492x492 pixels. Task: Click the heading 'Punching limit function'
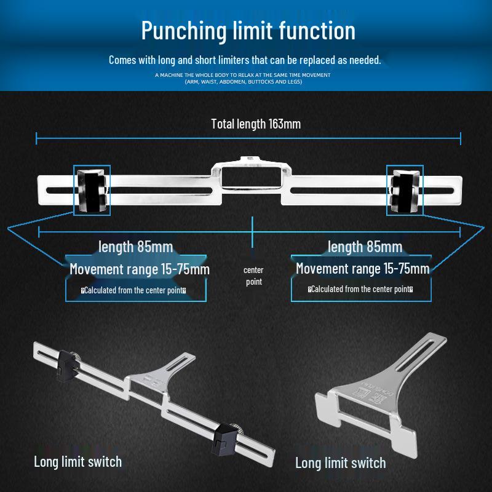coord(248,31)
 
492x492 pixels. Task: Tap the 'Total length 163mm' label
coord(256,124)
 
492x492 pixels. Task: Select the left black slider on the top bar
coord(92,191)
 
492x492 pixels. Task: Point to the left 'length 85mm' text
coord(135,247)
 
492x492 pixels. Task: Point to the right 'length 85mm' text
coord(365,247)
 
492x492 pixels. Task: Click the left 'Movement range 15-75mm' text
coord(140,269)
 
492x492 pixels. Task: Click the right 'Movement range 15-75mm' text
coord(363,269)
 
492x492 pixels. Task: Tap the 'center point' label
coord(253,276)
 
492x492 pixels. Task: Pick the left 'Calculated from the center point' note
coord(133,290)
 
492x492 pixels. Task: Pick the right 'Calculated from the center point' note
coord(360,289)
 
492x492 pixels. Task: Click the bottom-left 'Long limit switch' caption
coord(78,462)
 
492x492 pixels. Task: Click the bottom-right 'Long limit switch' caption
coord(341,463)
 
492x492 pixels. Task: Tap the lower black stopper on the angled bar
coord(224,439)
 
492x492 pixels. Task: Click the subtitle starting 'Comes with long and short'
coord(245,60)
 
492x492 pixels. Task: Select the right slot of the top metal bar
coord(372,191)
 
